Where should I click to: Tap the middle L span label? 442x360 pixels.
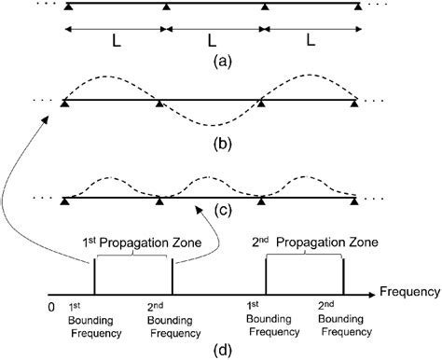pyautogui.click(x=213, y=41)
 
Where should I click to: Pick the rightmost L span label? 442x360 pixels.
pyautogui.click(x=310, y=41)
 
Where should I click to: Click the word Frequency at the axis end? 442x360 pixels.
pyautogui.click(x=411, y=293)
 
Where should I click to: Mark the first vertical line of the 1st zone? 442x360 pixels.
pyautogui.click(x=94, y=275)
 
